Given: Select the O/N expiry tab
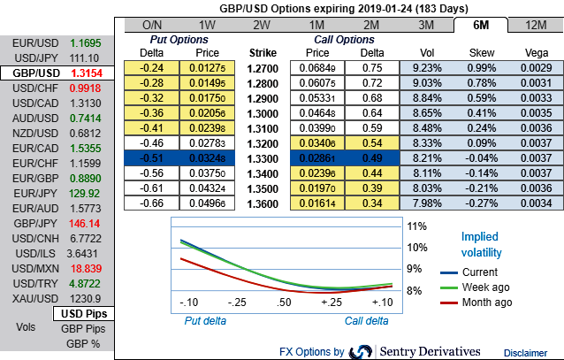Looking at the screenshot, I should click(151, 25).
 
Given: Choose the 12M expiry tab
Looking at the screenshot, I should click(533, 25).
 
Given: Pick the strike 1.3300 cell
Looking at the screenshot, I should click(263, 158).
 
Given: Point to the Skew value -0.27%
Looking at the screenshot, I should click(483, 203).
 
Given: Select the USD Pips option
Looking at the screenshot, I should click(83, 314).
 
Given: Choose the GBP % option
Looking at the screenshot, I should click(83, 343).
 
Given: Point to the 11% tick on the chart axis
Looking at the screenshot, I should click(415, 226).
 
